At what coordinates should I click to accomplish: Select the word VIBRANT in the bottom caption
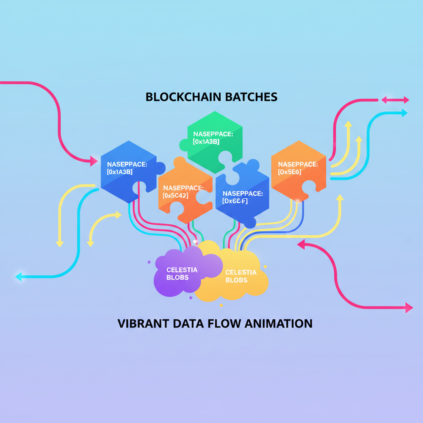[143, 323]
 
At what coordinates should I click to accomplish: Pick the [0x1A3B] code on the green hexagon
[206, 142]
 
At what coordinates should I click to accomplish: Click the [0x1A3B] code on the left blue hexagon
[119, 172]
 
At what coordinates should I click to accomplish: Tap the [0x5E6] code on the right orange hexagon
[290, 172]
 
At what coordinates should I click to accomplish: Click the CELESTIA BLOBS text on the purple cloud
[182, 273]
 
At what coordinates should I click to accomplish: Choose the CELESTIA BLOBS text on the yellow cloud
[241, 276]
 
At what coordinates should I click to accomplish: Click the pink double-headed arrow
[395, 100]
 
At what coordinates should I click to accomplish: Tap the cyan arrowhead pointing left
[18, 276]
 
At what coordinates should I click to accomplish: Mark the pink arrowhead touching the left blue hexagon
[94, 161]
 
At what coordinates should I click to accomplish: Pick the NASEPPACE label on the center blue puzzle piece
[242, 193]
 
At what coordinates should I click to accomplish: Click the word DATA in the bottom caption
[190, 323]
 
